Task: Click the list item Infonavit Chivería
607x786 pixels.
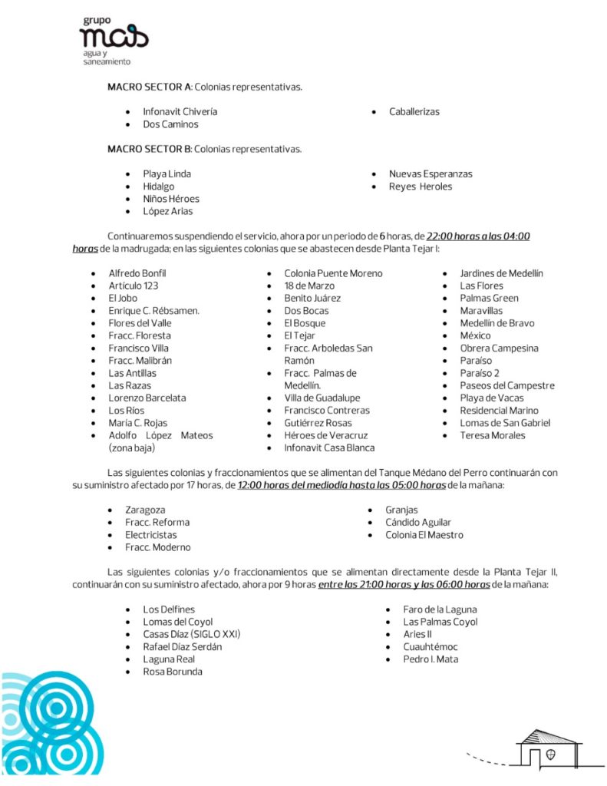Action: [180, 111]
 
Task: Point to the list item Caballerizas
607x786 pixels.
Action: [414, 111]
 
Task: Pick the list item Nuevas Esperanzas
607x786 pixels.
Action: [431, 174]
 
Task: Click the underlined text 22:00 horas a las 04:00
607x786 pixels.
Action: [478, 236]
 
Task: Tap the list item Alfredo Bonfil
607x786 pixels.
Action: [137, 273]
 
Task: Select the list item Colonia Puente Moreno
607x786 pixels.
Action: [333, 273]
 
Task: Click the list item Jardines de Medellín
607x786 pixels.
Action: [501, 273]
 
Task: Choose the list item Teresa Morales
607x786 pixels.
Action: [493, 435]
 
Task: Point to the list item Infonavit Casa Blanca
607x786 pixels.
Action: [329, 447]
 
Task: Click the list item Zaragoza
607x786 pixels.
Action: [145, 510]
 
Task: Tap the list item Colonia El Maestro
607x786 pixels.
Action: [424, 535]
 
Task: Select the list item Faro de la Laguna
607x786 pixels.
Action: [440, 609]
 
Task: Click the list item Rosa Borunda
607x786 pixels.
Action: [173, 672]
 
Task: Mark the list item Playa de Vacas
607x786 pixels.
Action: [492, 398]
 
